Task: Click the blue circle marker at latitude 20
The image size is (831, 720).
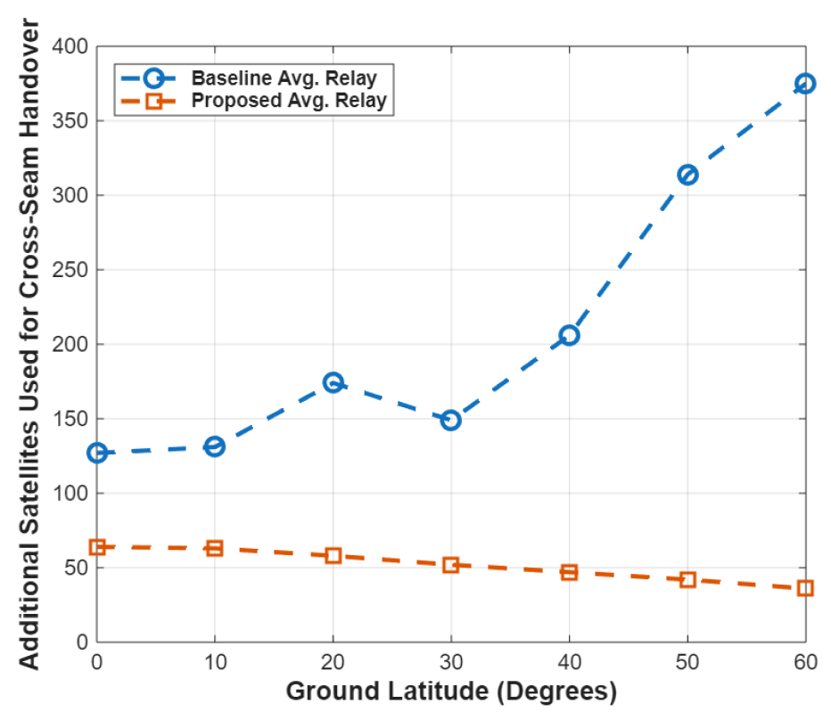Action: tap(333, 382)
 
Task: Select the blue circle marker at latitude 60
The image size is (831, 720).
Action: tap(804, 84)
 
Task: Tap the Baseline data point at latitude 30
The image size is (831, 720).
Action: tap(451, 420)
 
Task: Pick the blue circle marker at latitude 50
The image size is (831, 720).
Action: tap(687, 175)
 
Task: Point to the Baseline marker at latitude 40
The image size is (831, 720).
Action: tap(569, 335)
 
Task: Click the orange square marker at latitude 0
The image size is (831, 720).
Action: tap(97, 546)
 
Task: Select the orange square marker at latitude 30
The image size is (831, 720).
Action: tap(451, 564)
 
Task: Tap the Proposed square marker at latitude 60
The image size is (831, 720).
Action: tap(804, 588)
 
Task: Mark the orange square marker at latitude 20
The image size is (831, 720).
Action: tap(333, 555)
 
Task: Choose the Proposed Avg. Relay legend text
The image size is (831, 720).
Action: tap(289, 101)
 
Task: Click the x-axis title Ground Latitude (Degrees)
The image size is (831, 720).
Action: tap(451, 691)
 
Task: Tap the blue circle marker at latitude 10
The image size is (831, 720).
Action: tap(215, 446)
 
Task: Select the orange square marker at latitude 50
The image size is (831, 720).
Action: tap(687, 579)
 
